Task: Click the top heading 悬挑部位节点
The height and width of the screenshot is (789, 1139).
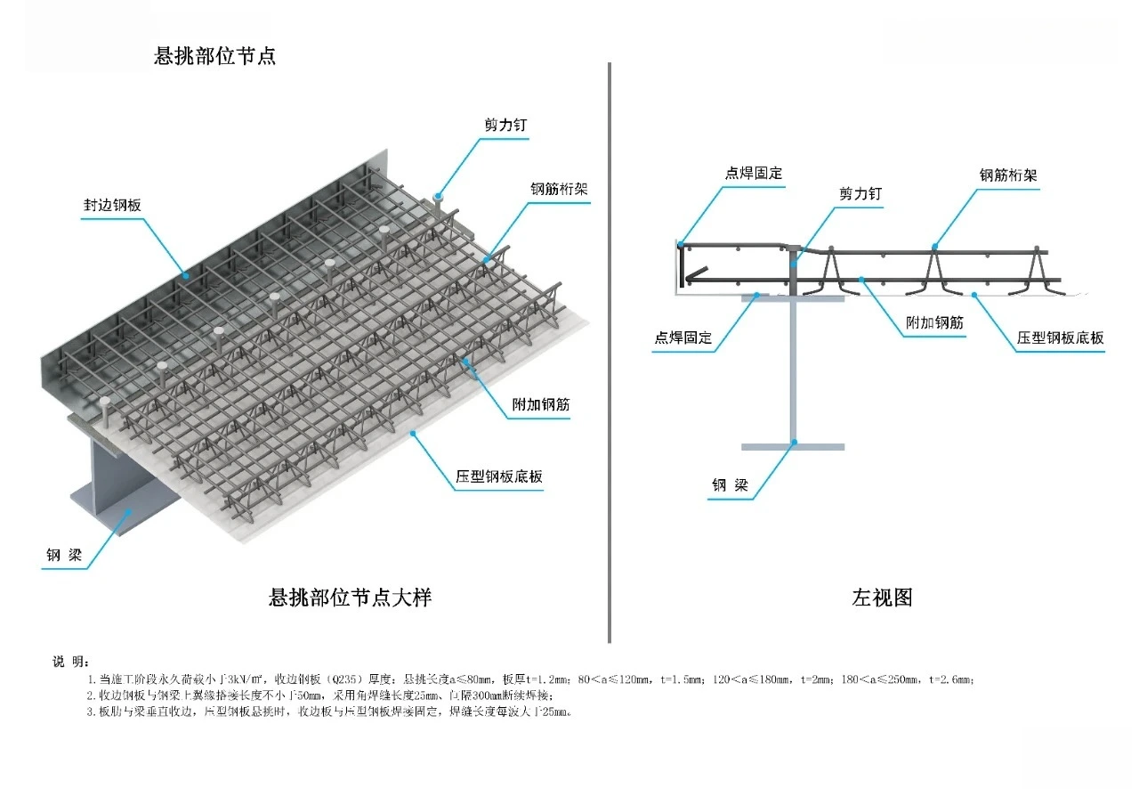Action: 214,55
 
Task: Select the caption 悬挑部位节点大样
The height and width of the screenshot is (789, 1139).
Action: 350,597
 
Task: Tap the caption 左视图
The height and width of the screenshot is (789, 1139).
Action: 882,598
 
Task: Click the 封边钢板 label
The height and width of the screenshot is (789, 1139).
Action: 112,205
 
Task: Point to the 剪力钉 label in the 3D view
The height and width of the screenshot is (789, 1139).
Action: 505,126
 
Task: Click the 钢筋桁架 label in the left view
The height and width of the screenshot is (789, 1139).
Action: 1008,175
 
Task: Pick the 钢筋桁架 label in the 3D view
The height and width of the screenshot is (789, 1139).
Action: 559,189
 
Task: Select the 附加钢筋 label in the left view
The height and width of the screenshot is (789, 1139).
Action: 934,323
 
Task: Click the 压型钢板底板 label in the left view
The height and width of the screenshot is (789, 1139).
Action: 1061,338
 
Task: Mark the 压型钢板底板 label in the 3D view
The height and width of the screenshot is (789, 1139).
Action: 499,476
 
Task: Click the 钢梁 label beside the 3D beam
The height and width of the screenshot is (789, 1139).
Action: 64,557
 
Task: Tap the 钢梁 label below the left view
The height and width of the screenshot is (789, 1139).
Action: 731,485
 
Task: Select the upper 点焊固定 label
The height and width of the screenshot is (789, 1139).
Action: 754,173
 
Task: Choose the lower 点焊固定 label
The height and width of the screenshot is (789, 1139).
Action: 683,338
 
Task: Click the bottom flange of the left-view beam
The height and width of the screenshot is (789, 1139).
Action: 792,443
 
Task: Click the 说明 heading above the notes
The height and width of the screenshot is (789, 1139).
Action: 70,661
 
